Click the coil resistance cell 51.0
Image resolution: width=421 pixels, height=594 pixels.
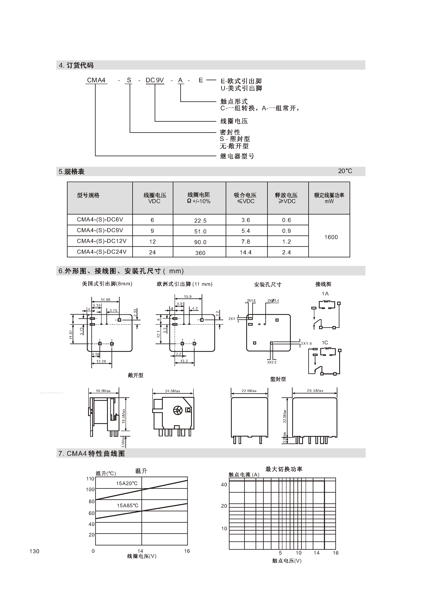tap(200, 231)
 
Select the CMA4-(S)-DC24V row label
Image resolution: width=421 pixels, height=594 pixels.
tap(102, 252)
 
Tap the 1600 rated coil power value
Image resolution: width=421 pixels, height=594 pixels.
tap(331, 237)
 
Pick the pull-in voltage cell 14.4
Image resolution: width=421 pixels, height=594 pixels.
tap(245, 252)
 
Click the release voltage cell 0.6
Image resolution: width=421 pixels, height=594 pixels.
tap(286, 220)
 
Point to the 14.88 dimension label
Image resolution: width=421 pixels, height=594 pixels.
tap(106, 300)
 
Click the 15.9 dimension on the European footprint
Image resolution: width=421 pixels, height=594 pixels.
tap(188, 297)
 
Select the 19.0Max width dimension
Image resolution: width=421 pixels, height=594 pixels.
tap(103, 391)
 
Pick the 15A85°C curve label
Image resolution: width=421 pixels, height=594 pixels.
tap(128, 505)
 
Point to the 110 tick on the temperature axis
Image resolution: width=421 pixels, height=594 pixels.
tap(90, 479)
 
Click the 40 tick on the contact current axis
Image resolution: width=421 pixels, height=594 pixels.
tap(224, 484)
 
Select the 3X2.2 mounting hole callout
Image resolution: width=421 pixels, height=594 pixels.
tap(272, 362)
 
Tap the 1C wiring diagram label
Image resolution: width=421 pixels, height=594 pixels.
tap(325, 343)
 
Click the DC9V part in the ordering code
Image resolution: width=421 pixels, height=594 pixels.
tap(154, 80)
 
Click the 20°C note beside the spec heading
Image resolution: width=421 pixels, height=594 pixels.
tap(345, 171)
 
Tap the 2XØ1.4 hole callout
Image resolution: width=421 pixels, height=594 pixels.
tap(273, 301)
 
